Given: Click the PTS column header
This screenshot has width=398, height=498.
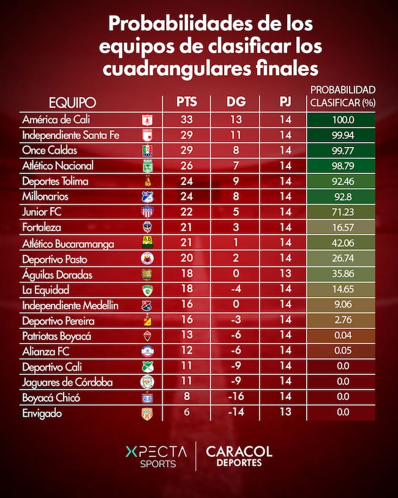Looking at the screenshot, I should (186, 102).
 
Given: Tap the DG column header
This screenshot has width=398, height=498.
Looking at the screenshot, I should (236, 102).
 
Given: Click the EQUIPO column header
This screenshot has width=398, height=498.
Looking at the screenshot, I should (72, 102).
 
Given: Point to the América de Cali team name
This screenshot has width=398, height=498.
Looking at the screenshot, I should (55, 119).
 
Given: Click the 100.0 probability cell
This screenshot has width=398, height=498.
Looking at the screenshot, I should (341, 119).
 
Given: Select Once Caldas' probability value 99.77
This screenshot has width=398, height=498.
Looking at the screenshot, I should (341, 151).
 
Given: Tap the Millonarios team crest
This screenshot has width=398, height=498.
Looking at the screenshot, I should (147, 197).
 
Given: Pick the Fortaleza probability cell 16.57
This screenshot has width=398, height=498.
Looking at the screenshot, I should (341, 228).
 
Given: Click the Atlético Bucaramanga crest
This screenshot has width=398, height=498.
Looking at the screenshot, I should (147, 244).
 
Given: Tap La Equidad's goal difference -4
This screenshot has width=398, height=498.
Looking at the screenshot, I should (236, 290).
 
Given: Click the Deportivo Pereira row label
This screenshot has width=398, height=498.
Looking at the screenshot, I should (55, 320).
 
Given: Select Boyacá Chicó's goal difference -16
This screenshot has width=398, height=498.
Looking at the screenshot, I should (236, 398).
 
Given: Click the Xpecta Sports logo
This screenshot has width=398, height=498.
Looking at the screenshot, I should (156, 456).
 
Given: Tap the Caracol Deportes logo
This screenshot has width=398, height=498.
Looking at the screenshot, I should (239, 456).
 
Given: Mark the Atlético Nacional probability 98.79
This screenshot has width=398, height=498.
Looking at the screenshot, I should (341, 166).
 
